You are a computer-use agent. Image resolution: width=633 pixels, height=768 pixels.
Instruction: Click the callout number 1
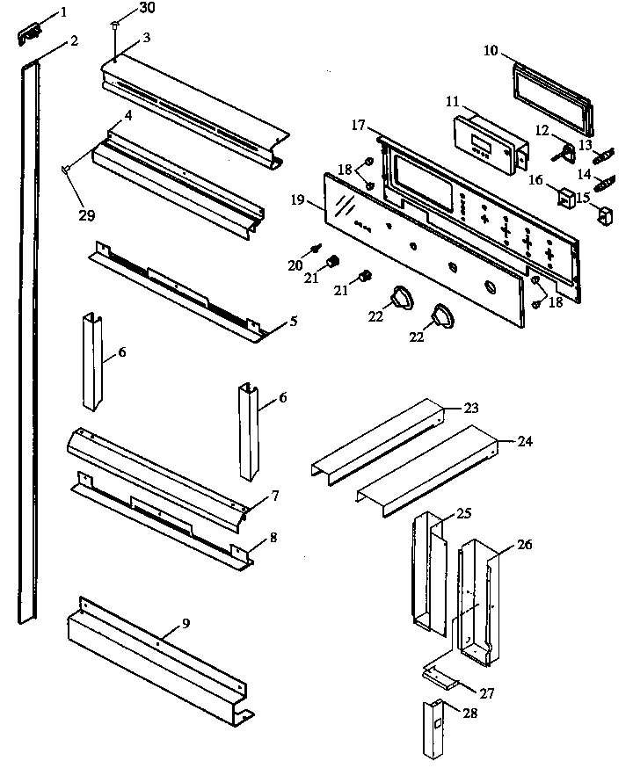click(x=62, y=12)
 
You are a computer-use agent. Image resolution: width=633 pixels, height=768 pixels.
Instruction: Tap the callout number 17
click(x=358, y=126)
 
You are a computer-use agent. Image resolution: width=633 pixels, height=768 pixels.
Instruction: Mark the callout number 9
click(x=186, y=623)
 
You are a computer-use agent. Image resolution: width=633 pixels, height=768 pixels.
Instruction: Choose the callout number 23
click(x=472, y=408)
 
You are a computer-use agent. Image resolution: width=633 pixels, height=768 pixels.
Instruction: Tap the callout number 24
click(x=524, y=441)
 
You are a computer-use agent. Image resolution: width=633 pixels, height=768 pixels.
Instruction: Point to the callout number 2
click(x=74, y=40)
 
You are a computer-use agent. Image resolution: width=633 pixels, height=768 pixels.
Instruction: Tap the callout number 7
click(x=274, y=496)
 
